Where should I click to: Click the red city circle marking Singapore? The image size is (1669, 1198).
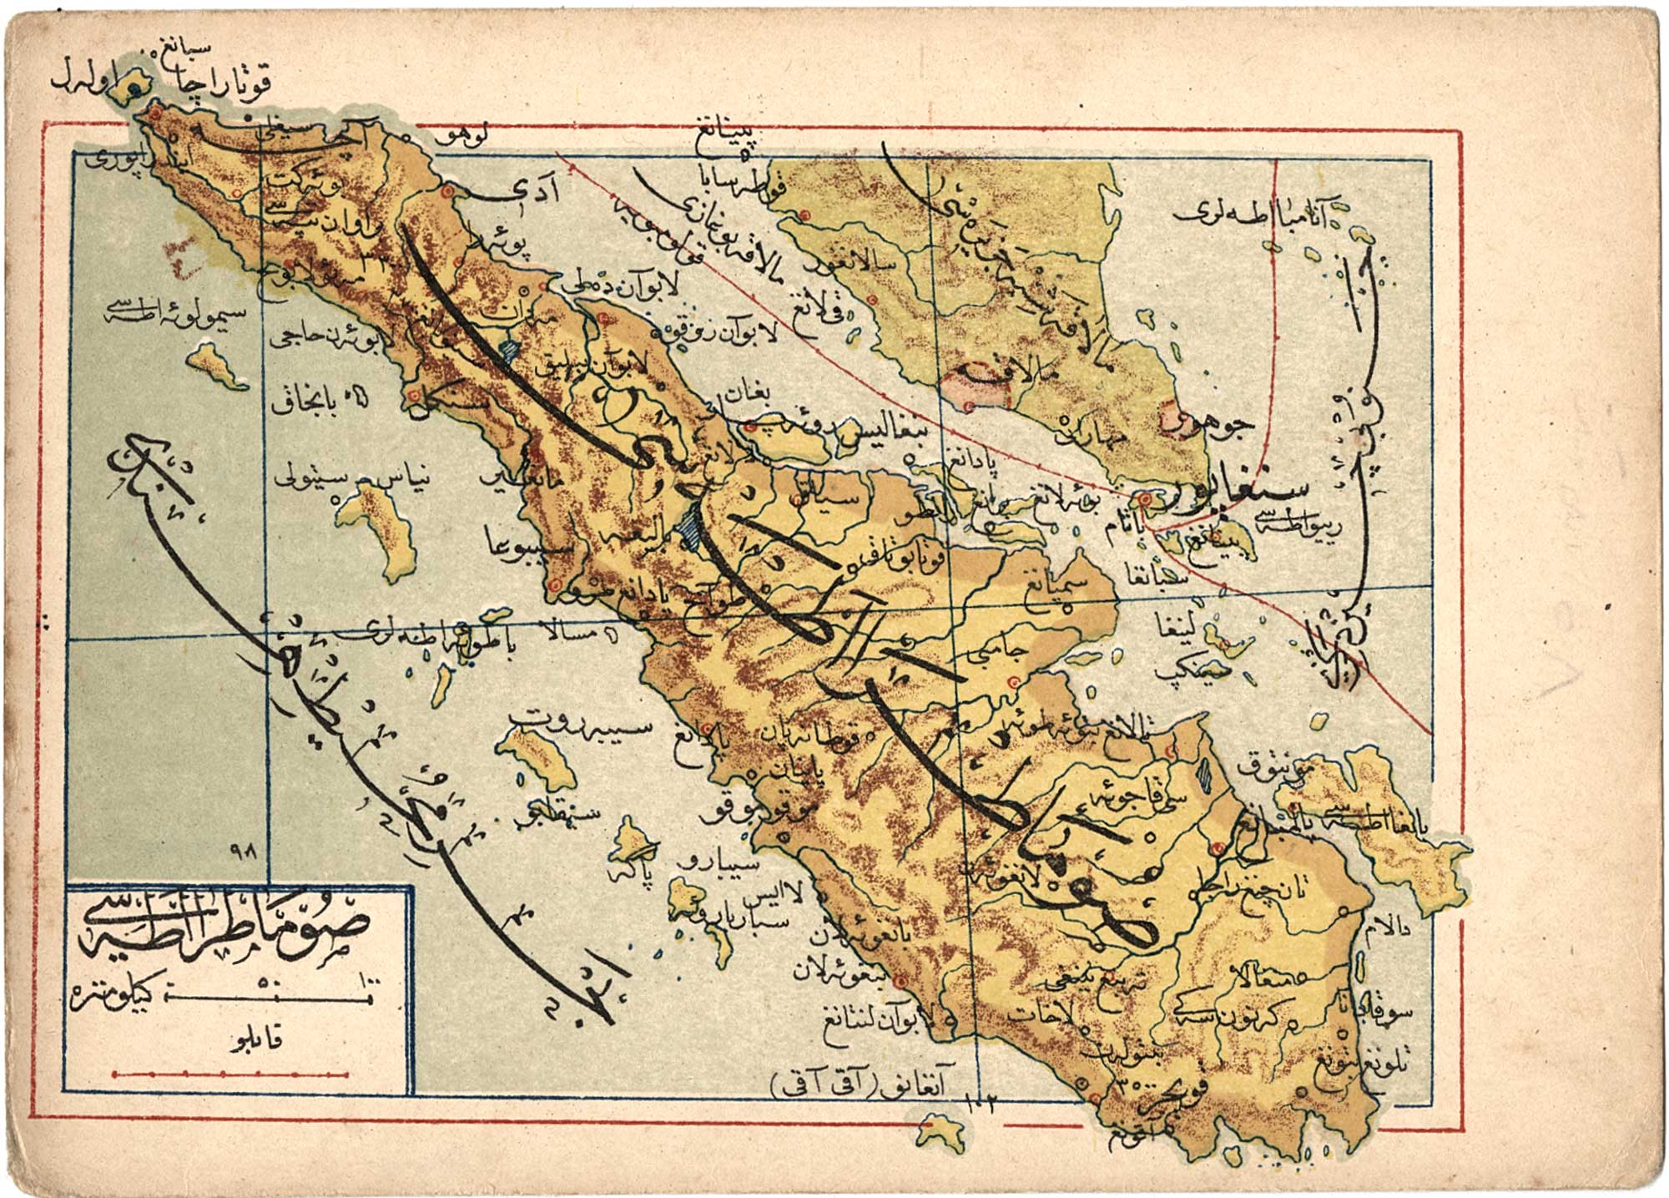[1147, 499]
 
